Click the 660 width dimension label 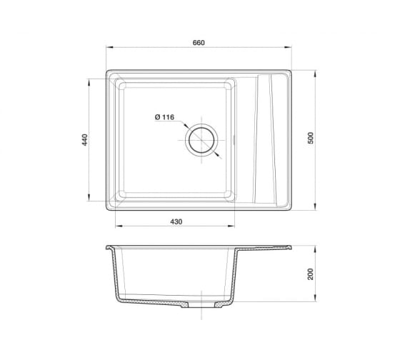coord(199,43)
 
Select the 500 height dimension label coord(311,138)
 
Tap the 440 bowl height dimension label coord(84,140)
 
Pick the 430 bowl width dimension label coord(176,221)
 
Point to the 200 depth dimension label coord(310,274)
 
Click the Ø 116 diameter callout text coord(164,117)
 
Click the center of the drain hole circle coord(201,140)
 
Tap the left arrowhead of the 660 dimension coord(109,47)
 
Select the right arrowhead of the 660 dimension coord(289,47)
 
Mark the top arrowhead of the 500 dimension coord(316,74)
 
